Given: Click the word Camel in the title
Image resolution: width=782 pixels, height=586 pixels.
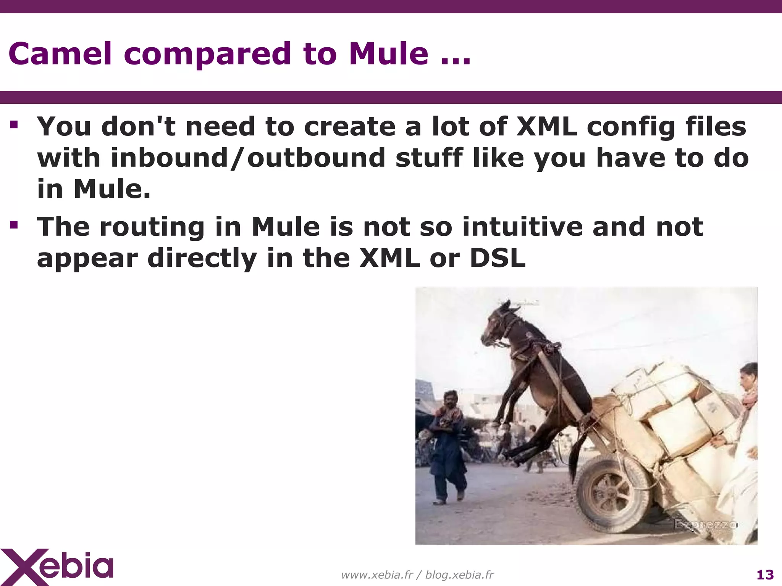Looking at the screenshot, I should point(60,53).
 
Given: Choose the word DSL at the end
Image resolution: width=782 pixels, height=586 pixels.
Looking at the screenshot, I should point(497,258).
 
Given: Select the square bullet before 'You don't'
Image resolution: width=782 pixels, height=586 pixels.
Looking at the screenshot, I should point(14,125).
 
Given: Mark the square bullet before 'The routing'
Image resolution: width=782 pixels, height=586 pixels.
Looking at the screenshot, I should point(14,225).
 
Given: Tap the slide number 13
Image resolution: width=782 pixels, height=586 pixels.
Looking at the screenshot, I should point(765,575).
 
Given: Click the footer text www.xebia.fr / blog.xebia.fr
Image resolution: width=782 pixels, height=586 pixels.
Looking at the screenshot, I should point(417,575).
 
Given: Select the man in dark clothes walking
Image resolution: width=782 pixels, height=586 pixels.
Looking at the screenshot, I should point(448,446).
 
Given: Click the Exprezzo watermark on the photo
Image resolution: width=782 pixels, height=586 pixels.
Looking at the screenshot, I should point(705,524).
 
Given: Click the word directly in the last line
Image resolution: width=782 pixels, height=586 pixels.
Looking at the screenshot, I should point(202,258).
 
